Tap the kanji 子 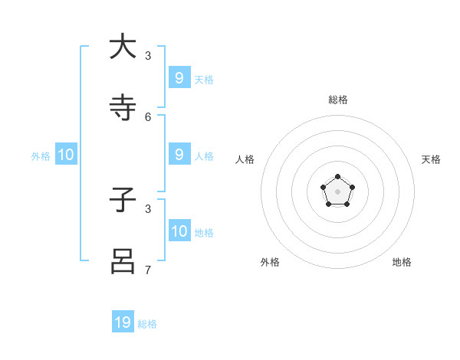coord(123,200)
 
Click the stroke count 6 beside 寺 coord(148,116)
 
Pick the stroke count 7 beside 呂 coord(148,270)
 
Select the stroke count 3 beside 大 coord(148,55)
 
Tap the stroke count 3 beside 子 coord(148,208)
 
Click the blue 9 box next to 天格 coord(179,77)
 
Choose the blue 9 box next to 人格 coord(179,154)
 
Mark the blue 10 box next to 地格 coord(179,231)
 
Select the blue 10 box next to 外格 coord(66,155)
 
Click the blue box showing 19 coord(123,322)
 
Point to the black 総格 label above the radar coord(338,100)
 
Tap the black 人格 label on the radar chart coord(245,159)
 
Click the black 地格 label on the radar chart coord(402,262)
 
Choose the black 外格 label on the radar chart coord(270,262)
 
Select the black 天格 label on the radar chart coord(431,159)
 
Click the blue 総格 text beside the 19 coord(147,324)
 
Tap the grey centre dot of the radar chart coord(337,191)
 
